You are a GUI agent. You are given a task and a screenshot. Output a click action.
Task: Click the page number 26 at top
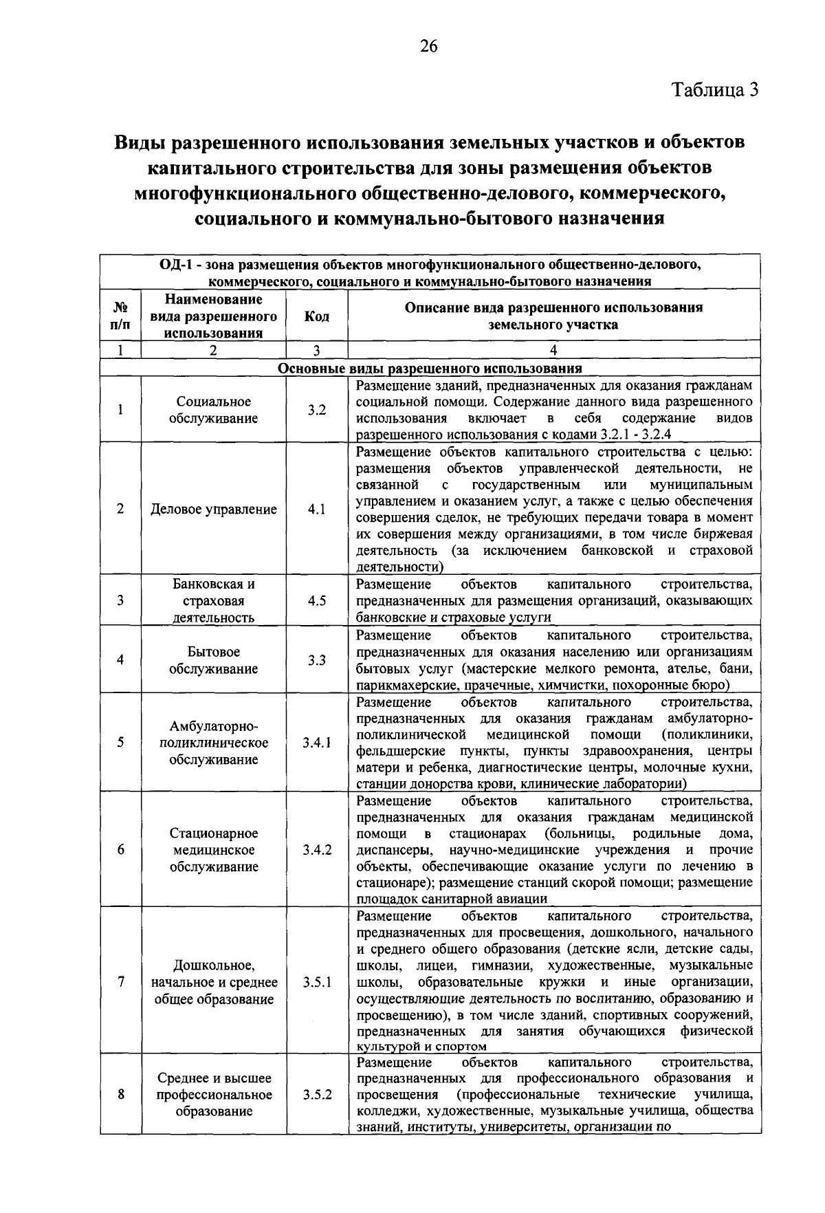[428, 47]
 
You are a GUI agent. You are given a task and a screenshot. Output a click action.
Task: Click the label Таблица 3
[715, 90]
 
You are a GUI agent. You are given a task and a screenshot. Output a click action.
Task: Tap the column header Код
[316, 316]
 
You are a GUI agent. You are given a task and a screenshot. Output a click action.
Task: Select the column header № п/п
[120, 316]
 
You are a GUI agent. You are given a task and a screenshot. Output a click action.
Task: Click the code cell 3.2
[316, 410]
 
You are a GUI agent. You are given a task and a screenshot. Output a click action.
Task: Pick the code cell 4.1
[316, 510]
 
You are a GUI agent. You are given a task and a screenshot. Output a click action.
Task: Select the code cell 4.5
[316, 600]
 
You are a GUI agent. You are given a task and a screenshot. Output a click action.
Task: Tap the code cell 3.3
[316, 660]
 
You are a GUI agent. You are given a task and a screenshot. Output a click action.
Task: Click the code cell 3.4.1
[316, 743]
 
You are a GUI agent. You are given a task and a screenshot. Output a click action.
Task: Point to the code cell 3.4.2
[316, 850]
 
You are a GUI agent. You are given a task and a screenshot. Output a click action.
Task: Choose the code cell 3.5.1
[316, 983]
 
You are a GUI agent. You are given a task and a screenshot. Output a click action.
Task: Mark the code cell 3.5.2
[316, 1095]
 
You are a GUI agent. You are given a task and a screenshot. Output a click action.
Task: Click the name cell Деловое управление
[214, 510]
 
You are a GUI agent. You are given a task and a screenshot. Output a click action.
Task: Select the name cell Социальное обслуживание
[214, 410]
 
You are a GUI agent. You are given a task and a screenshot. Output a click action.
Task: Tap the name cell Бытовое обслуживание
[214, 660]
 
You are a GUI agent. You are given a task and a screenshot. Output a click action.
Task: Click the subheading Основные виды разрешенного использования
[430, 368]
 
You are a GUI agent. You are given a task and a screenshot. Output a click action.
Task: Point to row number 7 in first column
[120, 983]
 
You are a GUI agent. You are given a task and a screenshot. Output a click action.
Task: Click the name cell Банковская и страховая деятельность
[214, 600]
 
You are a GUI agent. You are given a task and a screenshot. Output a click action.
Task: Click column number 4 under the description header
[553, 350]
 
